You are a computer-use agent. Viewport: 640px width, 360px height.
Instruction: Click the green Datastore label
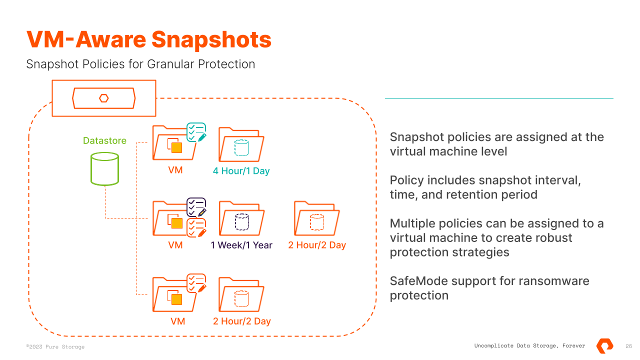[x=104, y=141]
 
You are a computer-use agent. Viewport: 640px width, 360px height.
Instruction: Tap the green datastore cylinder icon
[x=104, y=169]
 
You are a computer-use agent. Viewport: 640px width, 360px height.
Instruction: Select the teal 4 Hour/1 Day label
[x=241, y=171]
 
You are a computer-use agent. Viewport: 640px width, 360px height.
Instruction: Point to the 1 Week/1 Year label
[x=241, y=245]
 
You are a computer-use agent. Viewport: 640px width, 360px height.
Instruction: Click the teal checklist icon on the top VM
[x=196, y=132]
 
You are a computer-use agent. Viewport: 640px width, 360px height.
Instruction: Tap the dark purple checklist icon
[x=196, y=207]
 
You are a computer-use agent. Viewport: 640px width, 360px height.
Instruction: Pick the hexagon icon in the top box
[x=104, y=98]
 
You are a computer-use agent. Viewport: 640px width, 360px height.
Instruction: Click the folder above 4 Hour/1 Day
[x=241, y=145]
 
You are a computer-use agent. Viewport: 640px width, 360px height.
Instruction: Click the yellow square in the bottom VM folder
[x=176, y=299]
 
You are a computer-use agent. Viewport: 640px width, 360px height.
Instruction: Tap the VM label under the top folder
[x=175, y=170]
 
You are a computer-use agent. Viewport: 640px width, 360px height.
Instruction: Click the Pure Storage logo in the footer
[x=605, y=345]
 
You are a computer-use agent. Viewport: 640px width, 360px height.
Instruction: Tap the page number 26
[x=629, y=346]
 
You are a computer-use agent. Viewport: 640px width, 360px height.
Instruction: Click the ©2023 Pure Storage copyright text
[x=55, y=346]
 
